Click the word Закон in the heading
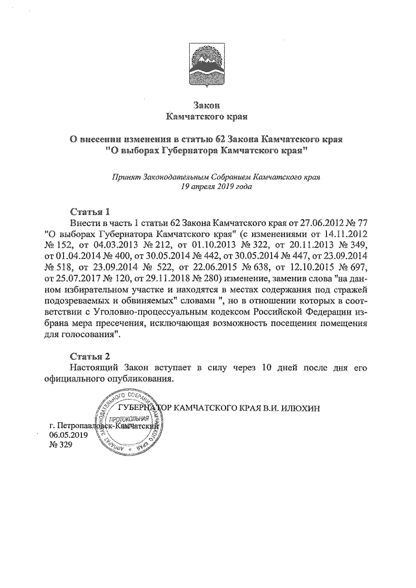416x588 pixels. (x=208, y=105)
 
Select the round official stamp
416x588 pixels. (x=128, y=422)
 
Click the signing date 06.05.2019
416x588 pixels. (x=68, y=436)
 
